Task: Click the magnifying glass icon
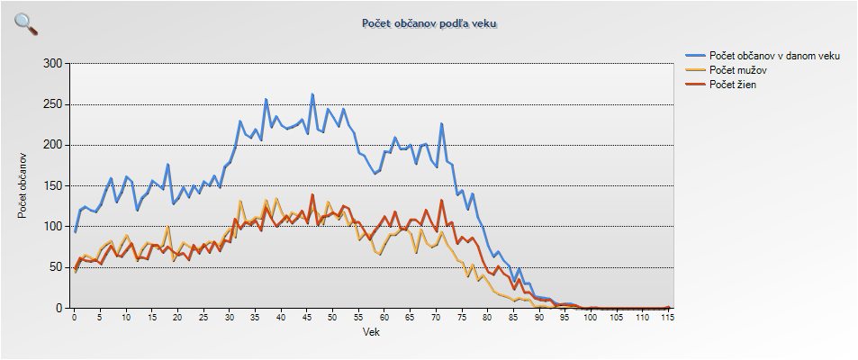[26, 24]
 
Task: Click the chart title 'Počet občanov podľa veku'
[429, 23]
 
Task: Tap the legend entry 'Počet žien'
[732, 85]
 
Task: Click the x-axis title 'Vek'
[370, 332]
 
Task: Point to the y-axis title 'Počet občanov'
[23, 185]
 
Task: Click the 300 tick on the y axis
[53, 64]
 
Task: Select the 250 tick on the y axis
[53, 104]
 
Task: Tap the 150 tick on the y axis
[53, 186]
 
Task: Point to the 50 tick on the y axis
[57, 267]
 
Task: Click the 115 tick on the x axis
[666, 318]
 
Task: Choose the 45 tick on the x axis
[307, 318]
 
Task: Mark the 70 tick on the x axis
[436, 318]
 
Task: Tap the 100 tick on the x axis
[590, 318]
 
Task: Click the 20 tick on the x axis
[178, 318]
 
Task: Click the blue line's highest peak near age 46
[312, 94]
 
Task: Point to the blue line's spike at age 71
[441, 124]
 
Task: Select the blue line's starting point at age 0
[75, 232]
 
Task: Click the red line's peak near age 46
[312, 194]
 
